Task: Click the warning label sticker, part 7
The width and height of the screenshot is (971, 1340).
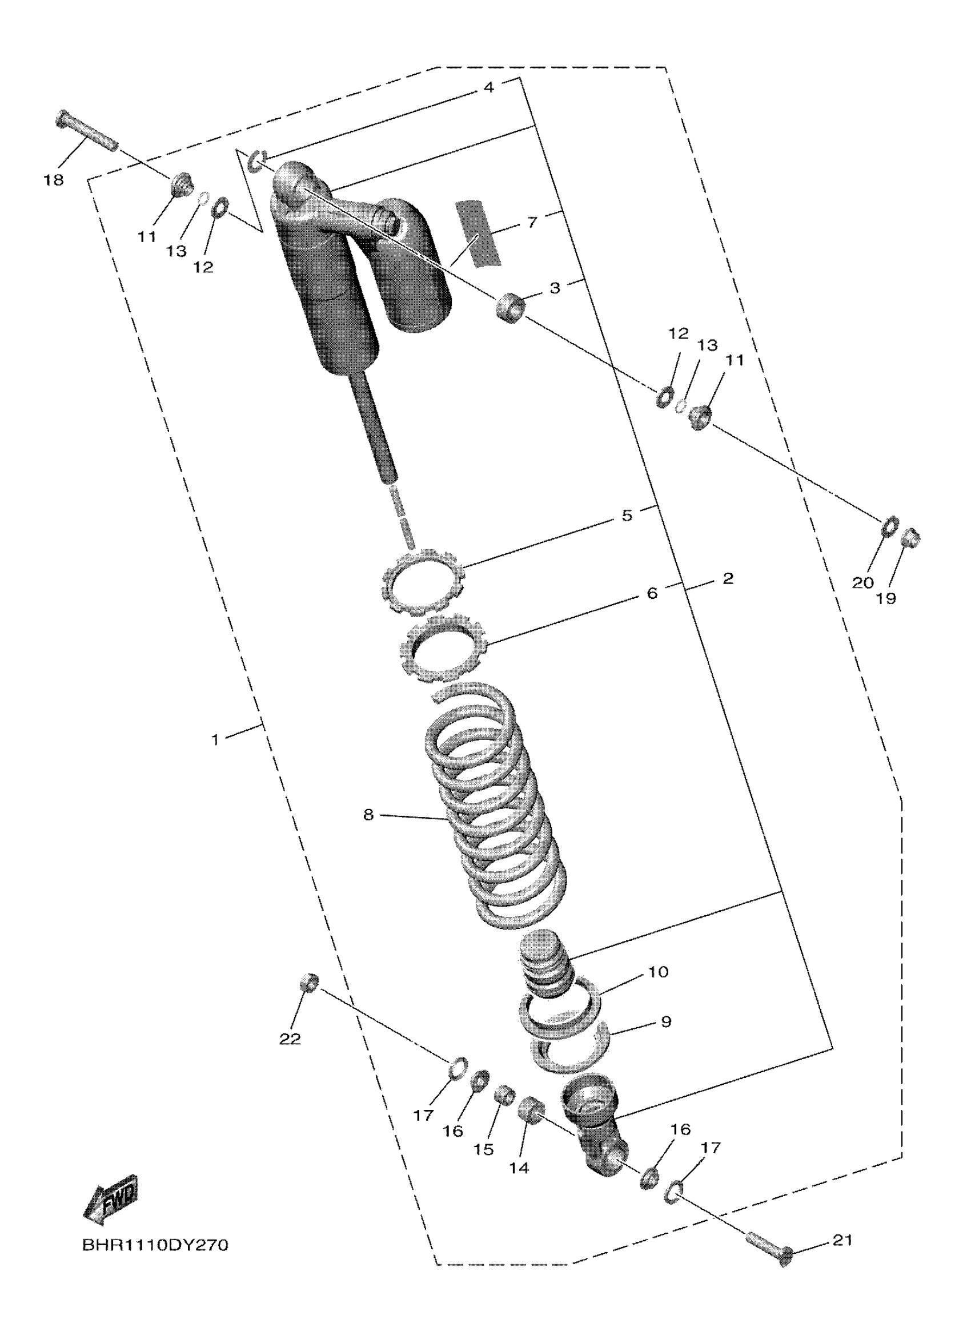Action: (x=478, y=233)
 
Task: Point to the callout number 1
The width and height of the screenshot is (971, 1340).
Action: (x=216, y=739)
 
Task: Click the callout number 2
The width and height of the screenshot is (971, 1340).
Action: (x=728, y=578)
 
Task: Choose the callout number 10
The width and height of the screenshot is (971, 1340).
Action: (x=658, y=971)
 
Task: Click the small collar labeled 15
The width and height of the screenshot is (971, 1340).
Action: (x=504, y=1094)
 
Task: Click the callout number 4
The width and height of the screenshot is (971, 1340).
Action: (x=488, y=87)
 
